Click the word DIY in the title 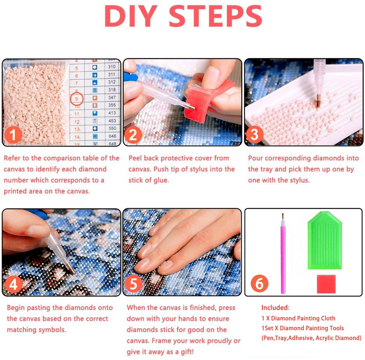pyautogui.click(x=131, y=17)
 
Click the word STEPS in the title pyautogui.click(x=216, y=17)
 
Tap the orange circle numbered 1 pyautogui.click(x=14, y=135)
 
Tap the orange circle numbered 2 pyautogui.click(x=134, y=135)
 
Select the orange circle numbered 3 pyautogui.click(x=255, y=135)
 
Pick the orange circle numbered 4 pyautogui.click(x=13, y=284)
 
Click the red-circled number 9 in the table pyautogui.click(x=77, y=98)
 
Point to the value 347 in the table pyautogui.click(x=111, y=97)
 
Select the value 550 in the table pyautogui.click(x=111, y=128)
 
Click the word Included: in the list pyautogui.click(x=276, y=308)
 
